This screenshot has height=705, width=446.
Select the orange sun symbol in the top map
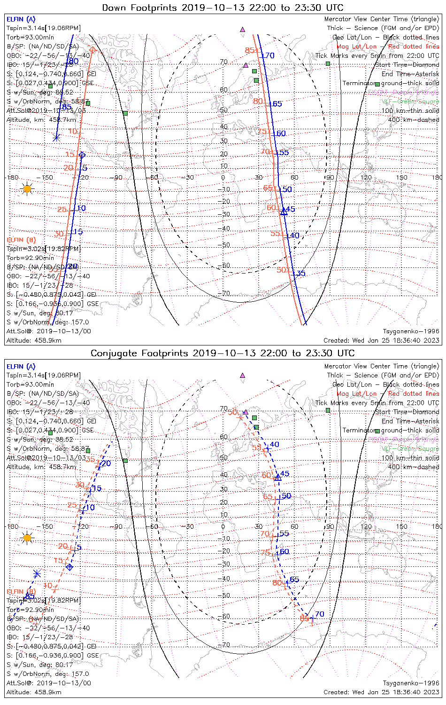click(27, 189)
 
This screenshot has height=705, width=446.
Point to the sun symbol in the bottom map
click(27, 538)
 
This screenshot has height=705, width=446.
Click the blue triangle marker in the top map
click(284, 212)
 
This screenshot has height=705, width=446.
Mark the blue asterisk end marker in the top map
click(56, 138)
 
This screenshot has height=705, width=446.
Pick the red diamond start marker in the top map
click(92, 50)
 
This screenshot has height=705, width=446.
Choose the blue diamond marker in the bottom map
click(69, 567)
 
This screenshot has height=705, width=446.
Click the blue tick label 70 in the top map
click(270, 56)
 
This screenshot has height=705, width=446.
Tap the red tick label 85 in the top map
click(250, 50)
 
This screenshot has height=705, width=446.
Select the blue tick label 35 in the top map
click(301, 274)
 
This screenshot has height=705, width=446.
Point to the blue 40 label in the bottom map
click(274, 444)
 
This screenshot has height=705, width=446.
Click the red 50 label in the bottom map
click(232, 412)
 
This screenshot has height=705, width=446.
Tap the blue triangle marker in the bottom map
click(277, 477)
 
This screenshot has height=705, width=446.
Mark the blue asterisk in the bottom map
click(37, 574)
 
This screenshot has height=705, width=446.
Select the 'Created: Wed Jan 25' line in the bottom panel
click(381, 692)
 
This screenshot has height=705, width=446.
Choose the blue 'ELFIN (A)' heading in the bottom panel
click(21, 367)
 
